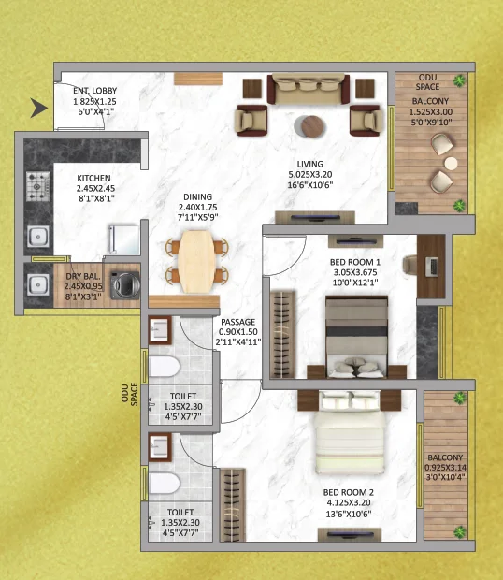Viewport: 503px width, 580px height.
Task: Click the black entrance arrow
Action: coord(38,108)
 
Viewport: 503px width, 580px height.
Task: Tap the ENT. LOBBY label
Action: coord(95,91)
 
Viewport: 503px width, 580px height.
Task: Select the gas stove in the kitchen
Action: coord(37,185)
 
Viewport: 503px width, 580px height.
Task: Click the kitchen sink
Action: coord(37,237)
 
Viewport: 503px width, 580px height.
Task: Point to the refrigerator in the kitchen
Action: coord(123,239)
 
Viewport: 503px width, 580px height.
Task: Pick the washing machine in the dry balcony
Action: coord(125,285)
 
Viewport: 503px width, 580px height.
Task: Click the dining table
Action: coord(196,261)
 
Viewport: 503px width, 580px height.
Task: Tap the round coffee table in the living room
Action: coord(312,126)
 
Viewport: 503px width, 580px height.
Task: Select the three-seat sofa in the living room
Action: coord(309,89)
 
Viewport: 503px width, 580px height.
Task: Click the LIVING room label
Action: coord(310,164)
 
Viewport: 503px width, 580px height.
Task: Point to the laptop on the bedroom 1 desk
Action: coord(431,267)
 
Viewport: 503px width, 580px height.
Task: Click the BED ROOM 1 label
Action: coord(354,262)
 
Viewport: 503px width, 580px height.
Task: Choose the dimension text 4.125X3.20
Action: coord(349,502)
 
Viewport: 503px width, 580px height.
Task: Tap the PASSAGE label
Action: coord(238,322)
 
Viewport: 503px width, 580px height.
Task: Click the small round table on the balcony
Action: coord(451,163)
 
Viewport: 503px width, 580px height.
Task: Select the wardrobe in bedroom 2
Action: coord(233,505)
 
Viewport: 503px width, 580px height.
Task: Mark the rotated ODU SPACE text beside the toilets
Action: coord(129,395)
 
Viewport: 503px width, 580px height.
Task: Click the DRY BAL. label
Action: coord(83,276)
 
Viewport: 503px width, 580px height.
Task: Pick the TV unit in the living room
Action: coord(315,217)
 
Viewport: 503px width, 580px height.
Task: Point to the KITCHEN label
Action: coord(93,178)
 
